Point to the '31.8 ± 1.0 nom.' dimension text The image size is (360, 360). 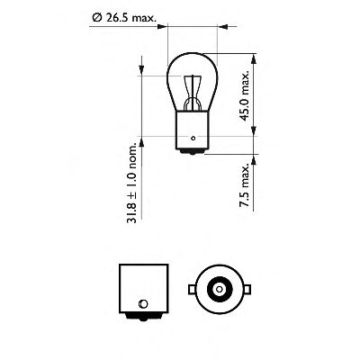pos(132,181)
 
